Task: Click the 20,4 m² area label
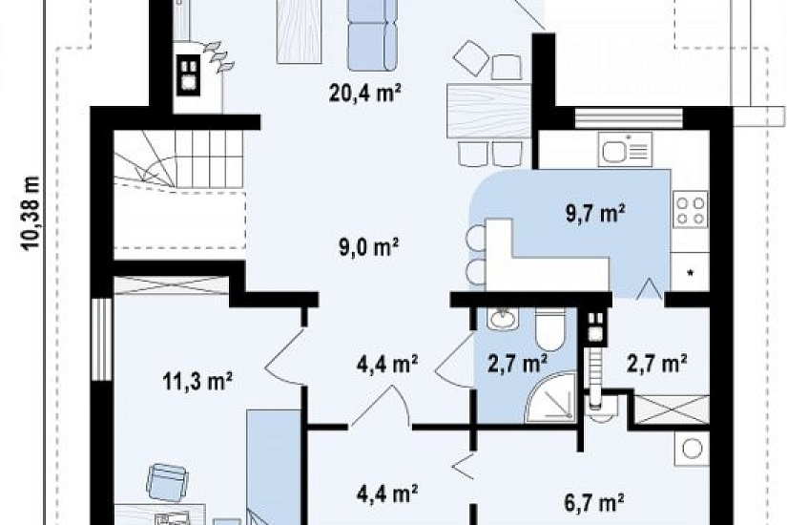click(365, 93)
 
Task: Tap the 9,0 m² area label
click(369, 247)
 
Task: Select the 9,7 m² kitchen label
click(595, 213)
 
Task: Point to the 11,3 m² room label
click(197, 381)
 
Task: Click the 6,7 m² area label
click(594, 502)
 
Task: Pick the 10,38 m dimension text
click(31, 213)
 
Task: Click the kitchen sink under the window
click(625, 149)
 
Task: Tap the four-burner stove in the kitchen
click(690, 209)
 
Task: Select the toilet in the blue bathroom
click(550, 329)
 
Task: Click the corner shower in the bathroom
click(551, 398)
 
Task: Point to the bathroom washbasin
click(503, 319)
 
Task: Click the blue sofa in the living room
click(372, 34)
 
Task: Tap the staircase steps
click(179, 159)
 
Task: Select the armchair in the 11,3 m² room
click(167, 482)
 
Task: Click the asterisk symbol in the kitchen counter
click(690, 273)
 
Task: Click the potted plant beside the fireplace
click(218, 56)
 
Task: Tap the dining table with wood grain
click(488, 111)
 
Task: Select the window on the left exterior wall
click(102, 339)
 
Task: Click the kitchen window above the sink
click(629, 117)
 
